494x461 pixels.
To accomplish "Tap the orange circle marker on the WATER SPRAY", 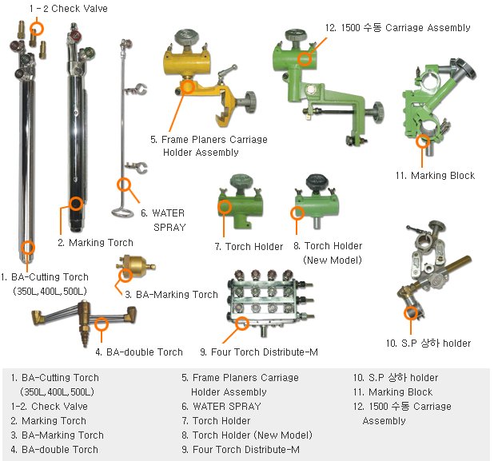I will tap(124, 185).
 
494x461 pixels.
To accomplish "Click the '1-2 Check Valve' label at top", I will tap(68, 9).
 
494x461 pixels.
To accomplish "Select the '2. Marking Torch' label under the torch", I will tap(95, 242).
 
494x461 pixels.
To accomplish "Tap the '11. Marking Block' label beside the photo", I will tap(443, 175).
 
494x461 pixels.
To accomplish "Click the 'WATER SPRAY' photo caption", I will tap(168, 220).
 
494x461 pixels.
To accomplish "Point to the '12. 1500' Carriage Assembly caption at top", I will tap(397, 28).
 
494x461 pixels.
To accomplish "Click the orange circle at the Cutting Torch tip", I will tap(28, 248).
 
